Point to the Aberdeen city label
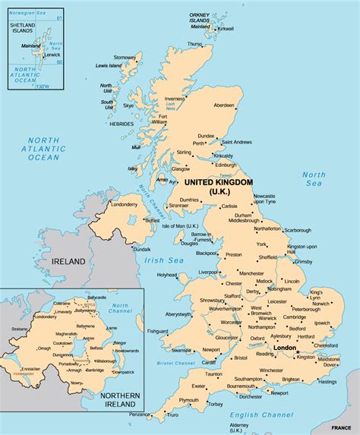(x=224, y=105)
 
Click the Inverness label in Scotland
(x=175, y=99)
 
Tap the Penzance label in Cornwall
(x=140, y=415)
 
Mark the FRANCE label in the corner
(x=341, y=428)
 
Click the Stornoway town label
(x=125, y=58)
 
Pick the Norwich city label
(x=323, y=304)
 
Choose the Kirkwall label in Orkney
(x=226, y=29)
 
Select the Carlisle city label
(x=229, y=206)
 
